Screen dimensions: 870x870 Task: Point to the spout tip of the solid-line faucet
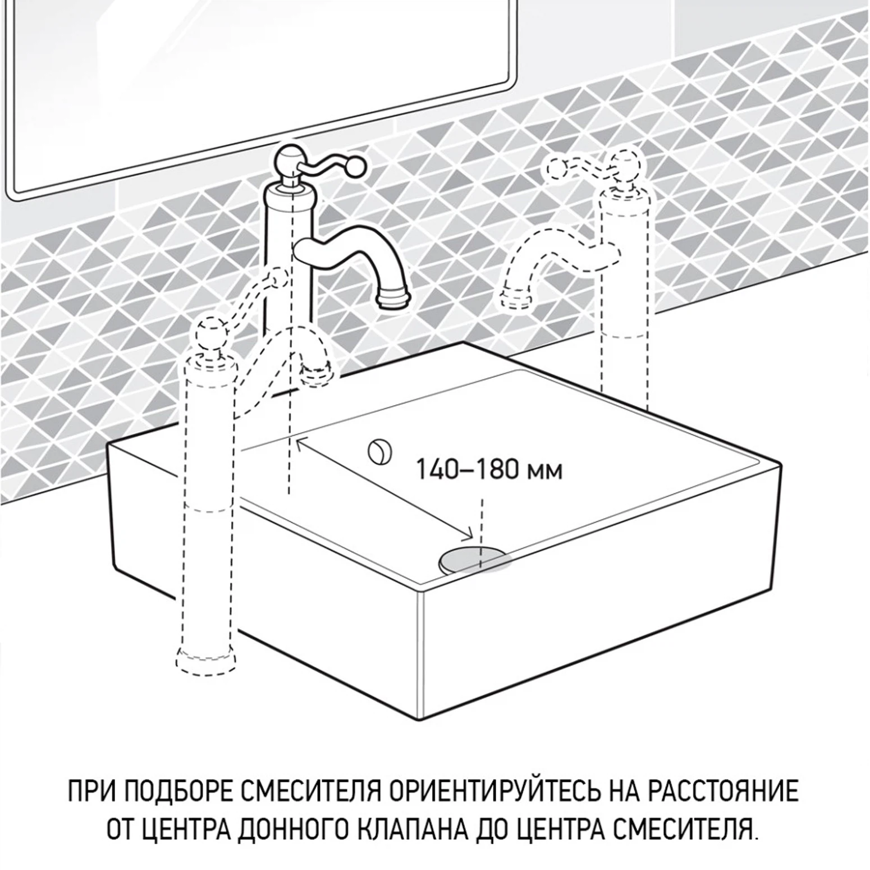pos(395,301)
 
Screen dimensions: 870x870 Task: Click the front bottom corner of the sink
pos(420,720)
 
